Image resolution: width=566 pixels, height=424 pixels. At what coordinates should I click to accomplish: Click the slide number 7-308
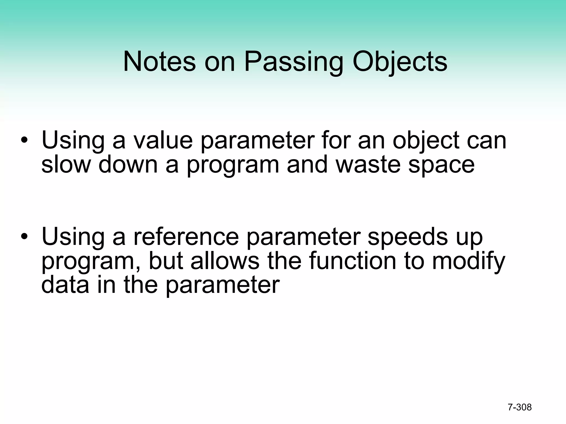point(520,407)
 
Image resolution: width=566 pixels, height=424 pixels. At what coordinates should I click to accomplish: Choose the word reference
point(186,237)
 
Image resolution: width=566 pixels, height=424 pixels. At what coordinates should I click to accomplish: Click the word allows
point(225,261)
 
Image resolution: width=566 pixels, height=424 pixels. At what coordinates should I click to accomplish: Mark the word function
point(352,261)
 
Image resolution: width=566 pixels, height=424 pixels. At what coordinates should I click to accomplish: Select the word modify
point(468,261)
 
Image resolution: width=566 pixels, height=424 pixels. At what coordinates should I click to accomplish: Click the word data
point(65,285)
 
